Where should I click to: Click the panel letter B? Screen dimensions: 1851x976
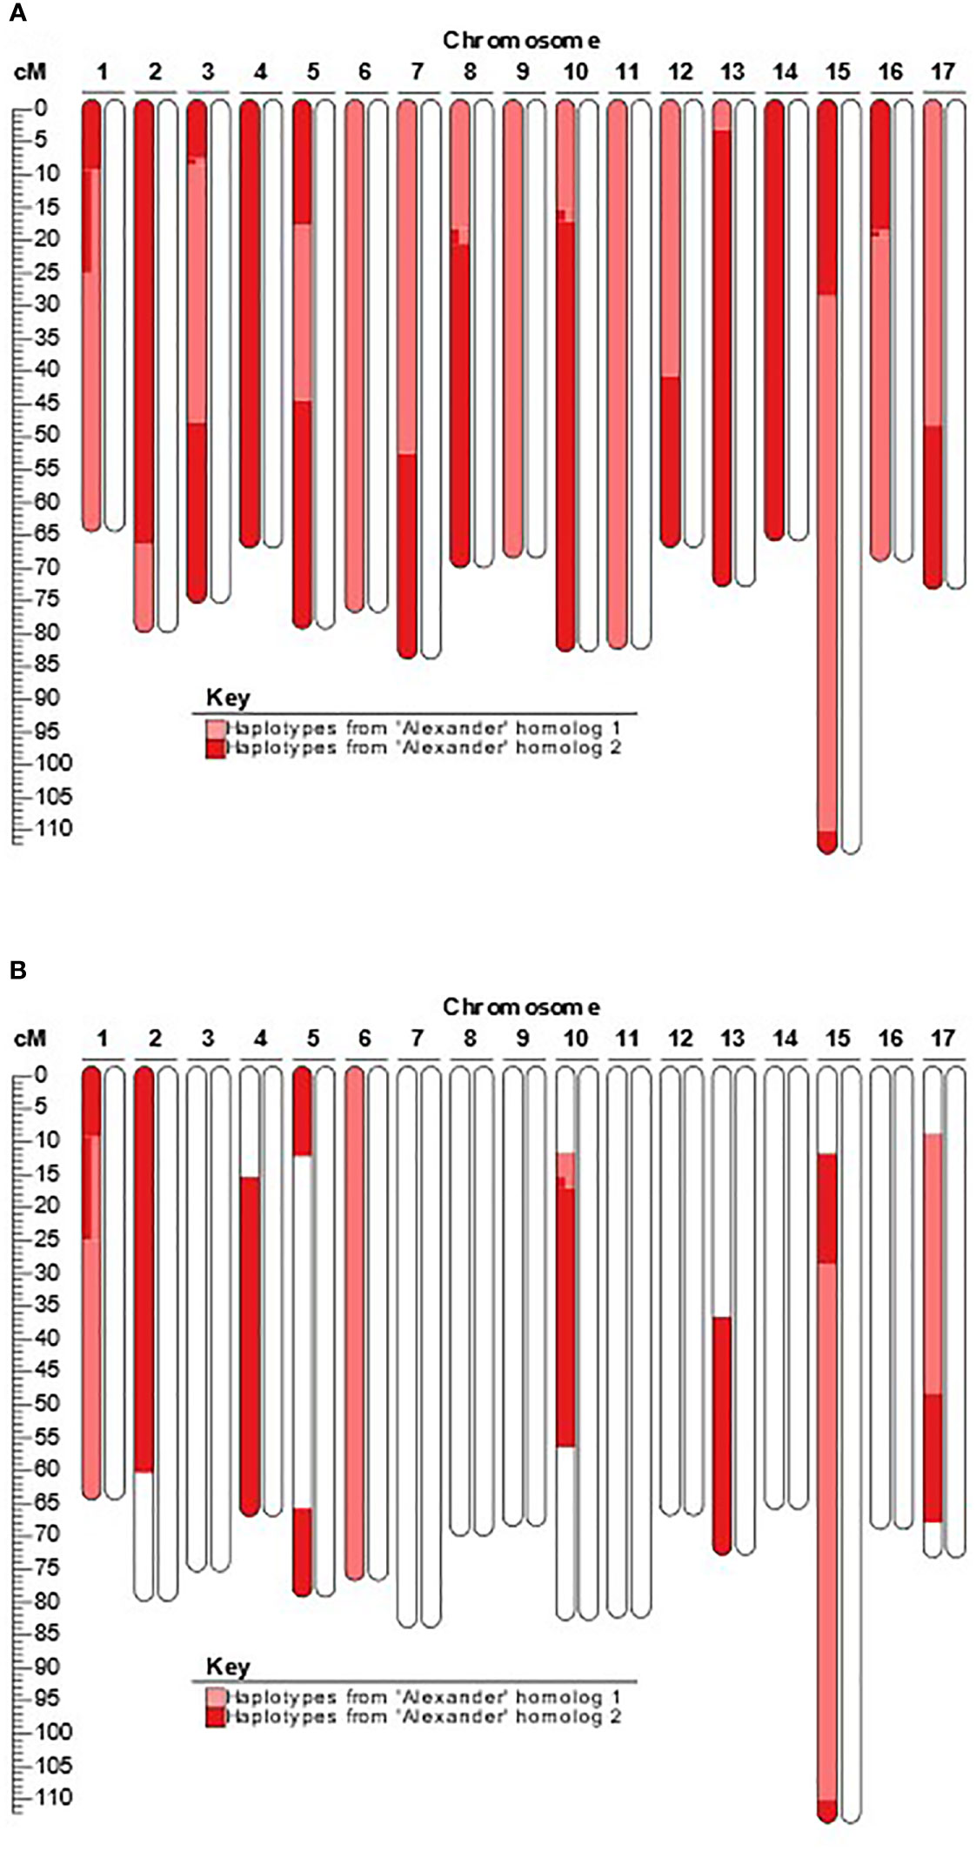17,969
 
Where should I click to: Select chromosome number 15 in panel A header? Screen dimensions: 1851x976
837,71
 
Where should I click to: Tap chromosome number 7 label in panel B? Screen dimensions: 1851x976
417,1038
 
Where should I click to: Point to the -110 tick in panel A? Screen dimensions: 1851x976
36,828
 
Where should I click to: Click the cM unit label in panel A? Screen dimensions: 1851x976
30,71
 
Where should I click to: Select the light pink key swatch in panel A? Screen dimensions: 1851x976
215,728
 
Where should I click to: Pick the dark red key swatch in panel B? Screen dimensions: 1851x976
215,1717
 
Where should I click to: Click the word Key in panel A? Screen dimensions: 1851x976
228,698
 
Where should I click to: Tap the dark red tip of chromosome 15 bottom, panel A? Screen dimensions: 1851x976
827,842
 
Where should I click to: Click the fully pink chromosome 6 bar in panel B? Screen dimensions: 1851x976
354,1322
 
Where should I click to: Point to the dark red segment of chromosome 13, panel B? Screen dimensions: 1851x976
722,1435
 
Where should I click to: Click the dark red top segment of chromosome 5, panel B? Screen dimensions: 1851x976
302,1113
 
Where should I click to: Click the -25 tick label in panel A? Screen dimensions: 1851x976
36,272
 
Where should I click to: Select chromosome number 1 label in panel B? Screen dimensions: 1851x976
103,1038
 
